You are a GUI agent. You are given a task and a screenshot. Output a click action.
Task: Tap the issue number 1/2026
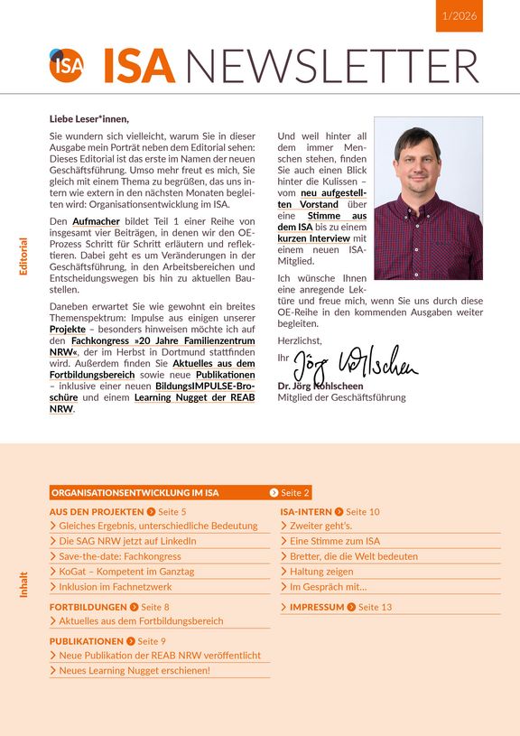(459, 16)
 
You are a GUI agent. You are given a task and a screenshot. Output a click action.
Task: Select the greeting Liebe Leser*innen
(89, 118)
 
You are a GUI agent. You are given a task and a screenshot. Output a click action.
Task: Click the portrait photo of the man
(428, 198)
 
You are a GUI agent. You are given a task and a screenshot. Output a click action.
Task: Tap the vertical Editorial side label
(23, 256)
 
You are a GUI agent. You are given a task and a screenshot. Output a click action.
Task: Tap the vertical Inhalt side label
(23, 584)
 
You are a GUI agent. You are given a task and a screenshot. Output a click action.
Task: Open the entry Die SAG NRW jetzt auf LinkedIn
(127, 541)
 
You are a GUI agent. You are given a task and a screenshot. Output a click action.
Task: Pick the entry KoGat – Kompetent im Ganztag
(126, 572)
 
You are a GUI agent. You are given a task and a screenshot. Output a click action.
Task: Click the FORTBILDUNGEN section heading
(88, 607)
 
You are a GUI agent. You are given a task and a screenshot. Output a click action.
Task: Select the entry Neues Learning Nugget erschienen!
(135, 670)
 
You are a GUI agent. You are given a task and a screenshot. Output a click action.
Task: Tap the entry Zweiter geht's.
(320, 526)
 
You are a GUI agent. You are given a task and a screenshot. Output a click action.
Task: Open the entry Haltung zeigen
(324, 572)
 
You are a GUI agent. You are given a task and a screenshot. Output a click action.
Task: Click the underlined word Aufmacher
(97, 221)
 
